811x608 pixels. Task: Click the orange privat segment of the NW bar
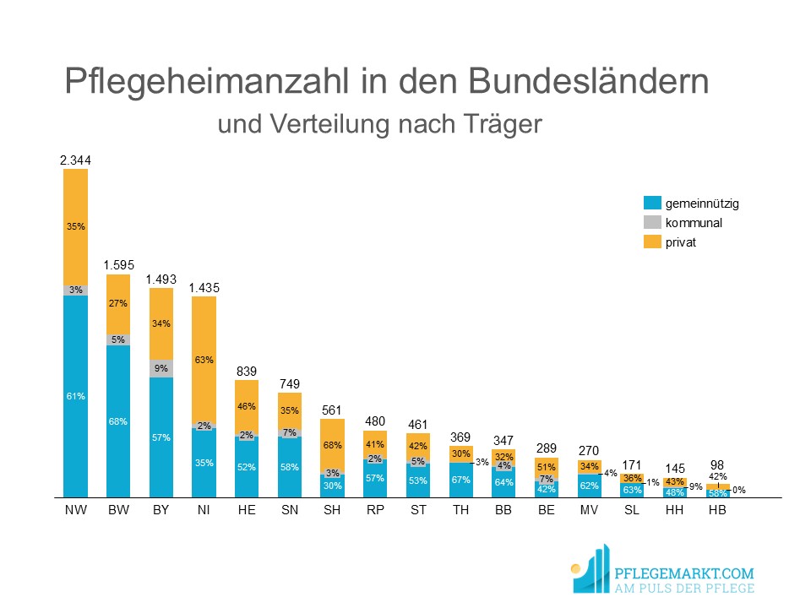point(76,225)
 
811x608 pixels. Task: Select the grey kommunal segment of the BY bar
point(161,368)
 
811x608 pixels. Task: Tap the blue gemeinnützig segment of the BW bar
point(118,421)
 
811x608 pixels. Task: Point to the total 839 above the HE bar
point(247,371)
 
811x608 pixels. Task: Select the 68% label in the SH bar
point(333,445)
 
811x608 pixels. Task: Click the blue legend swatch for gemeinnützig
point(651,204)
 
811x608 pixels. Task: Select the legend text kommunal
point(694,224)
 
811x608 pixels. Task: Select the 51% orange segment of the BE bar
point(547,466)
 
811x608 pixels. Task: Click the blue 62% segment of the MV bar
point(589,486)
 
